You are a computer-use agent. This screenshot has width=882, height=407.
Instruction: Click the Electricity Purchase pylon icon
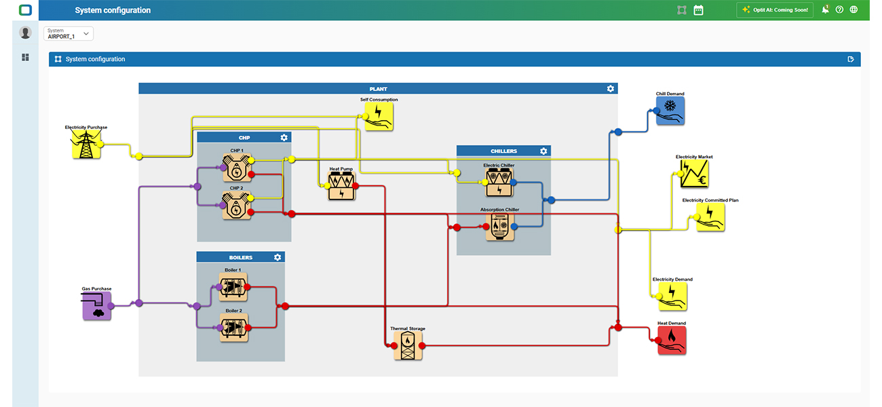click(x=86, y=144)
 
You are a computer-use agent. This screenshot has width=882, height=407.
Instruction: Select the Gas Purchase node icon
click(x=97, y=306)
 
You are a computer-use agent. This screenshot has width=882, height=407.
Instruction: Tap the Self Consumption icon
click(x=379, y=117)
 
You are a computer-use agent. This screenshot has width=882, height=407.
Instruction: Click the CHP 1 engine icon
click(x=237, y=168)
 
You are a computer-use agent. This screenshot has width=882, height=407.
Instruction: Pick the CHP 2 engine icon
click(x=237, y=206)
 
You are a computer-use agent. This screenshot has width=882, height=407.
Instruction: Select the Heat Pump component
click(x=341, y=186)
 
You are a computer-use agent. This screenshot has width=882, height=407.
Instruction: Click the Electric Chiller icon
click(x=499, y=182)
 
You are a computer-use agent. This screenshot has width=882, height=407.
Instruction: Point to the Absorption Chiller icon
click(x=500, y=227)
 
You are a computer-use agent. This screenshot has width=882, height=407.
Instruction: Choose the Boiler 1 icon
click(x=233, y=287)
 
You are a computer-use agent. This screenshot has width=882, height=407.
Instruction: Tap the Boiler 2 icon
click(x=234, y=328)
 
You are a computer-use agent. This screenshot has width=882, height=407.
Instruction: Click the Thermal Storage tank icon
click(x=408, y=345)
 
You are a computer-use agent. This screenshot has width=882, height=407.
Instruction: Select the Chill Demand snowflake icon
click(x=670, y=111)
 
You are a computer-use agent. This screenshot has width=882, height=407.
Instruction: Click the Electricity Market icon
click(x=694, y=174)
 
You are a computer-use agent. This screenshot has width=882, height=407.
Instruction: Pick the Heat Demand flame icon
click(x=672, y=341)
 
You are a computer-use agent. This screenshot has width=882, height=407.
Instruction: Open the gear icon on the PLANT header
click(x=611, y=89)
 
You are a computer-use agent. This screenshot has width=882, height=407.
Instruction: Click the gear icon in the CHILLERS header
click(x=543, y=151)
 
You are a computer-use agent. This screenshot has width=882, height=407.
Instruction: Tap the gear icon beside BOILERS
click(x=277, y=257)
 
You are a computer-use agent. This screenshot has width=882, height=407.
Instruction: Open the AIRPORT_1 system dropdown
click(x=69, y=33)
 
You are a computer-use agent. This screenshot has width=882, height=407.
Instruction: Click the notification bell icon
click(x=825, y=9)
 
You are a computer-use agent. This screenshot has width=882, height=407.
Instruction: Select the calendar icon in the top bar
click(x=698, y=10)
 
